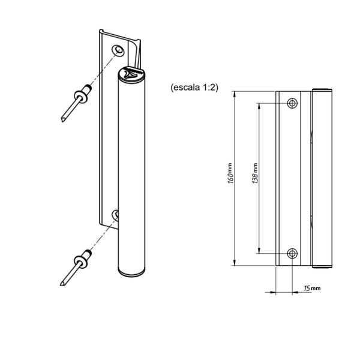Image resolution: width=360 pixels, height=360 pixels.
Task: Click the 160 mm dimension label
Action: click(231, 173)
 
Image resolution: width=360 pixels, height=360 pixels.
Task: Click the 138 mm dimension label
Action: click(255, 173)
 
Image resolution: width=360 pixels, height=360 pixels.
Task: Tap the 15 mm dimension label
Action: click(312, 288)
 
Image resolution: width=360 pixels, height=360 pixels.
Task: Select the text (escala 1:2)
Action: click(194, 88)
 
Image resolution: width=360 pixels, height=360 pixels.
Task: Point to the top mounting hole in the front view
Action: click(292, 103)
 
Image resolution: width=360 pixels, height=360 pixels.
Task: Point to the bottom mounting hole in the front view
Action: click(292, 254)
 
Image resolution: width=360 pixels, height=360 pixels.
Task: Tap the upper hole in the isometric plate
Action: click(118, 50)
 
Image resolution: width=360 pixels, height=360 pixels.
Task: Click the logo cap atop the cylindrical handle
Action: click(131, 74)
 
